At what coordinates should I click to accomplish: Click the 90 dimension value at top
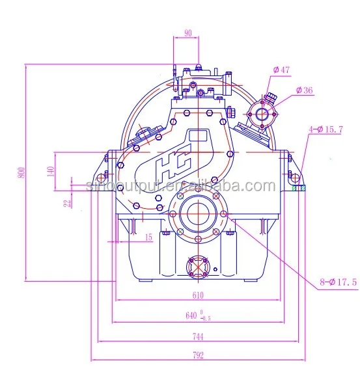coord(187,33)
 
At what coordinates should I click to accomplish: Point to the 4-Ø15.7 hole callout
coord(327,129)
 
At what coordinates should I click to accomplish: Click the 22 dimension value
coord(68,203)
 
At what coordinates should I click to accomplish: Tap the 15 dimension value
coord(148,238)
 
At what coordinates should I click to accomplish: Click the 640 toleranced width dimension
coord(194,317)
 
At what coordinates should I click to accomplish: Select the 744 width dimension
coord(199,337)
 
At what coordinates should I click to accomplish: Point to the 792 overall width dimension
coord(199,355)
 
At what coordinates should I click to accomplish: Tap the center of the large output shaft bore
coord(195,214)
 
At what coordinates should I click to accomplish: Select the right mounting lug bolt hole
coord(294,176)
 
